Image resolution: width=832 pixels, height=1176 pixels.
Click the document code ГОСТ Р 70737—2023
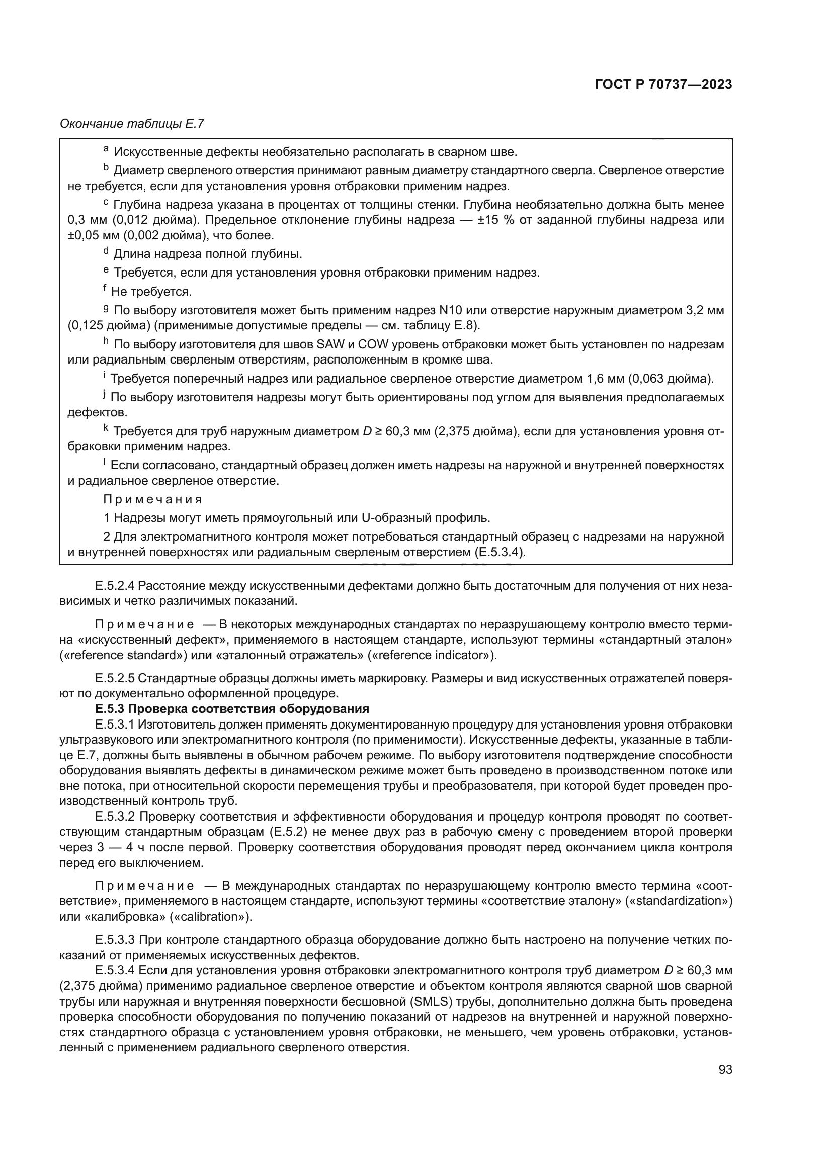coord(663,85)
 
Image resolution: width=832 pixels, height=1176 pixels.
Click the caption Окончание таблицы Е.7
coord(132,124)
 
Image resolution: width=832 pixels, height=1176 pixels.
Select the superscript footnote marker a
coord(106,149)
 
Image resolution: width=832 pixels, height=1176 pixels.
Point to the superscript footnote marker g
coord(106,308)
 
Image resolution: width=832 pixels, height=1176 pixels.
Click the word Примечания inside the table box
coord(153,499)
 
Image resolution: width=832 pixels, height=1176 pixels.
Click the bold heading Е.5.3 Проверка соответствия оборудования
coord(231,709)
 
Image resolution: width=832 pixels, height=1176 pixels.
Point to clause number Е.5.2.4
coord(115,585)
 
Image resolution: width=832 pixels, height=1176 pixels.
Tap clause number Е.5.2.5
coord(115,679)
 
